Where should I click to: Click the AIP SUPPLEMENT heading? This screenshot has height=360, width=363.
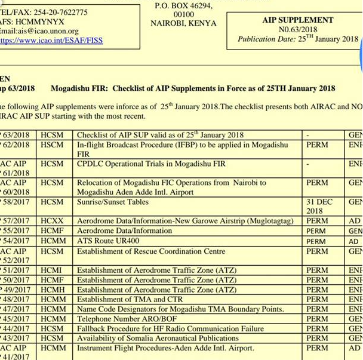pyautogui.click(x=298, y=20)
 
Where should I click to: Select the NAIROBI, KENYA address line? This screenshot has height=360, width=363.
pyautogui.click(x=184, y=23)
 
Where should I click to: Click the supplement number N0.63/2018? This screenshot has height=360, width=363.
pyautogui.click(x=298, y=29)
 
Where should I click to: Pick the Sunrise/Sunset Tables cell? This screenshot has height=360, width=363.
pyautogui.click(x=113, y=202)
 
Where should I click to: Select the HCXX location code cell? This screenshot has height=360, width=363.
pyautogui.click(x=52, y=221)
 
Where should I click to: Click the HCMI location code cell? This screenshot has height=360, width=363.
pyautogui.click(x=52, y=270)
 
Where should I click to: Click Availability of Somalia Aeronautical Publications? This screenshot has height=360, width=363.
pyautogui.click(x=158, y=338)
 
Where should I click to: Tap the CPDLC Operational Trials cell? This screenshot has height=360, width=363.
pyautogui.click(x=151, y=164)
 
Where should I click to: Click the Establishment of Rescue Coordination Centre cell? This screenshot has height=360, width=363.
pyautogui.click(x=151, y=251)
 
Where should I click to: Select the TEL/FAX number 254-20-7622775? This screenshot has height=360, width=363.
pyautogui.click(x=52, y=12)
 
